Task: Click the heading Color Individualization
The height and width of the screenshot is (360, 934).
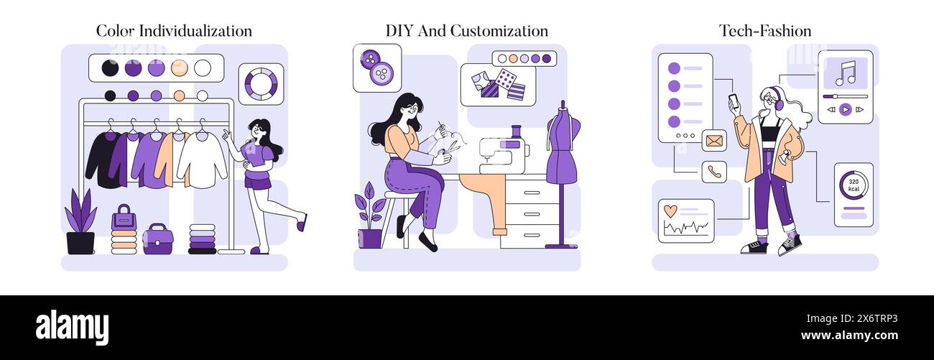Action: pyautogui.click(x=174, y=31)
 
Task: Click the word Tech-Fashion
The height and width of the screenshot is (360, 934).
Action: pyautogui.click(x=765, y=31)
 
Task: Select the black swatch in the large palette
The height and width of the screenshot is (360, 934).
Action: pyautogui.click(x=110, y=68)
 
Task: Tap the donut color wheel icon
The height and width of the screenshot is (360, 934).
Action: pyautogui.click(x=260, y=83)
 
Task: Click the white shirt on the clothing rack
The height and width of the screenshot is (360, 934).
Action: pyautogui.click(x=202, y=160)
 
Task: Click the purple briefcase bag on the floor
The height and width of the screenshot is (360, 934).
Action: pyautogui.click(x=157, y=239)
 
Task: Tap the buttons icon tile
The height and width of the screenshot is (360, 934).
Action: pyautogui.click(x=376, y=68)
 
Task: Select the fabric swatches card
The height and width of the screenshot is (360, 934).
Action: pyautogui.click(x=498, y=85)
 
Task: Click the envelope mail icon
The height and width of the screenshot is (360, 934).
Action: pyautogui.click(x=714, y=141)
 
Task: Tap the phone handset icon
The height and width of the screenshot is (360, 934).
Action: pyautogui.click(x=714, y=172)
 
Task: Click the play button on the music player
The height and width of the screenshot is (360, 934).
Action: pyautogui.click(x=845, y=109)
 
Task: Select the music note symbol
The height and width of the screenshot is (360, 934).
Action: pyautogui.click(x=846, y=73)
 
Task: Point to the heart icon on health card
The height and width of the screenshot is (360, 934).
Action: pyautogui.click(x=670, y=211)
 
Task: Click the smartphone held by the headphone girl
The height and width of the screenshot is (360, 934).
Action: pyautogui.click(x=733, y=101)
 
